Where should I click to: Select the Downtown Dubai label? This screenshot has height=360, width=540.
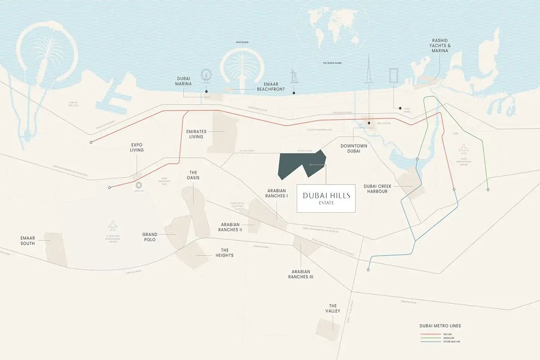pyautogui.click(x=354, y=149)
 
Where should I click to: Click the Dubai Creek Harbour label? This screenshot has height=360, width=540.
pyautogui.click(x=376, y=188)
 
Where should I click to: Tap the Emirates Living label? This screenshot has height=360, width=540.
pyautogui.click(x=196, y=134)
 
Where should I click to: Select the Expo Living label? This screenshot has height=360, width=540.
pyautogui.click(x=137, y=147)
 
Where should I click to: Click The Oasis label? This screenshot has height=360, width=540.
pyautogui.click(x=193, y=175)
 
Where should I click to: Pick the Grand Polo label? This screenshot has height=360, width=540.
pyautogui.click(x=150, y=237)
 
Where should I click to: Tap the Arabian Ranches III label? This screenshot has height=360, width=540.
pyautogui.click(x=301, y=274)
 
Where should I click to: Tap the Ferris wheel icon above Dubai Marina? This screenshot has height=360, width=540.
pyautogui.click(x=207, y=76)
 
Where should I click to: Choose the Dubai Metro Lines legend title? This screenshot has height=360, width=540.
pyautogui.click(x=440, y=326)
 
